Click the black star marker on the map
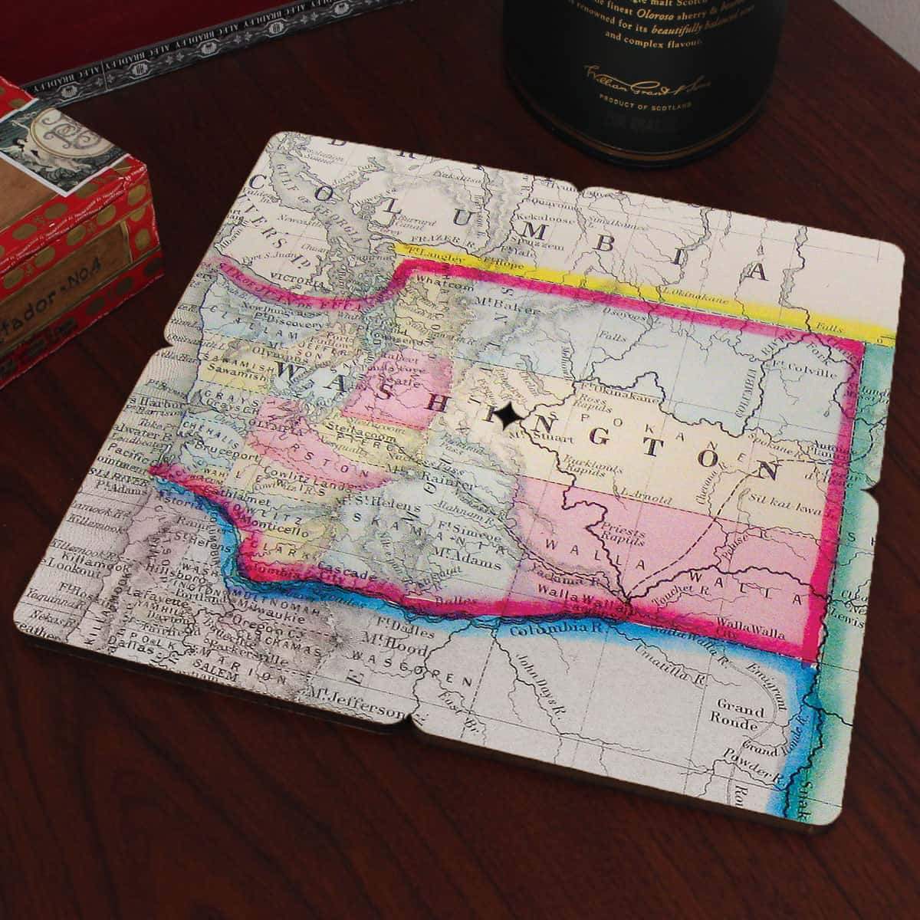[505, 415]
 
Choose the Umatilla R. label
[664, 665]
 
